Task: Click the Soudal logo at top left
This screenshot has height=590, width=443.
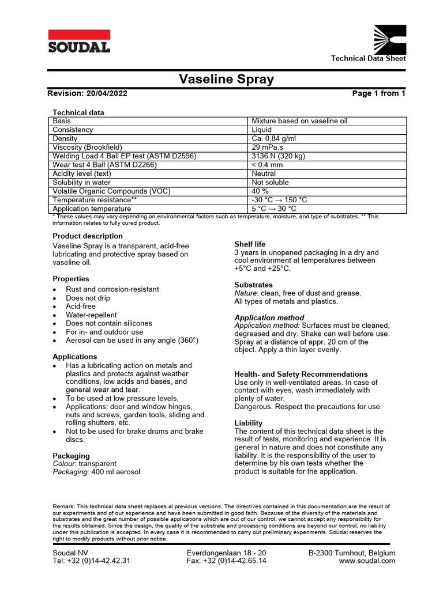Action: pyautogui.click(x=78, y=41)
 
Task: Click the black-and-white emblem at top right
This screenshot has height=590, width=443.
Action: pyautogui.click(x=390, y=39)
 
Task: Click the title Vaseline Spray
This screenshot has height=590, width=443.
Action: pyautogui.click(x=226, y=80)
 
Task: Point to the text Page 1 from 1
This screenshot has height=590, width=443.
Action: pyautogui.click(x=378, y=93)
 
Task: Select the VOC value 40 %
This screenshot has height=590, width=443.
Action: pyautogui.click(x=260, y=191)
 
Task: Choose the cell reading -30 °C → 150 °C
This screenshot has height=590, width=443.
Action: pyautogui.click(x=279, y=200)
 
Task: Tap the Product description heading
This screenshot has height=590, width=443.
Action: pyautogui.click(x=88, y=236)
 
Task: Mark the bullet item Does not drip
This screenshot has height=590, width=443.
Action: pyautogui.click(x=88, y=298)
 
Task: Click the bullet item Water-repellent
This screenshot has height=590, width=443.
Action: pyautogui.click(x=91, y=315)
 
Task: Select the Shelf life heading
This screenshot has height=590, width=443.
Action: pyautogui.click(x=250, y=244)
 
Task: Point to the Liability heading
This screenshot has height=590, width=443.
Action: pyautogui.click(x=248, y=423)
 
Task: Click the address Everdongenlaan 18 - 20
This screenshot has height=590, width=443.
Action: pyautogui.click(x=227, y=553)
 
